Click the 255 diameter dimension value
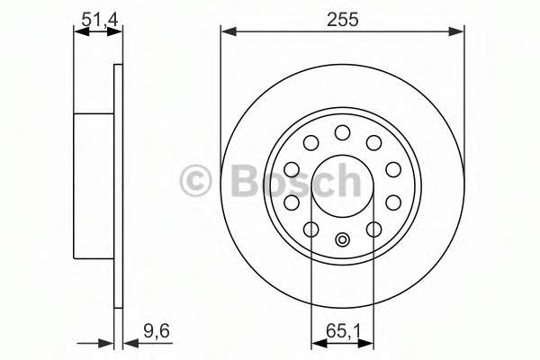pyautogui.click(x=343, y=19)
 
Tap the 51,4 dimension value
pyautogui.click(x=100, y=19)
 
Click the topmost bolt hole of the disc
pyautogui.click(x=342, y=132)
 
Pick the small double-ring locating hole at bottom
pyautogui.click(x=342, y=239)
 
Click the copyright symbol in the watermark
pyautogui.click(x=195, y=180)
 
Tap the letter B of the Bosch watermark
pyautogui.click(x=246, y=180)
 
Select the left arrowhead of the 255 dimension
pyautogui.click(x=229, y=31)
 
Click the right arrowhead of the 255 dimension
pyautogui.click(x=456, y=31)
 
